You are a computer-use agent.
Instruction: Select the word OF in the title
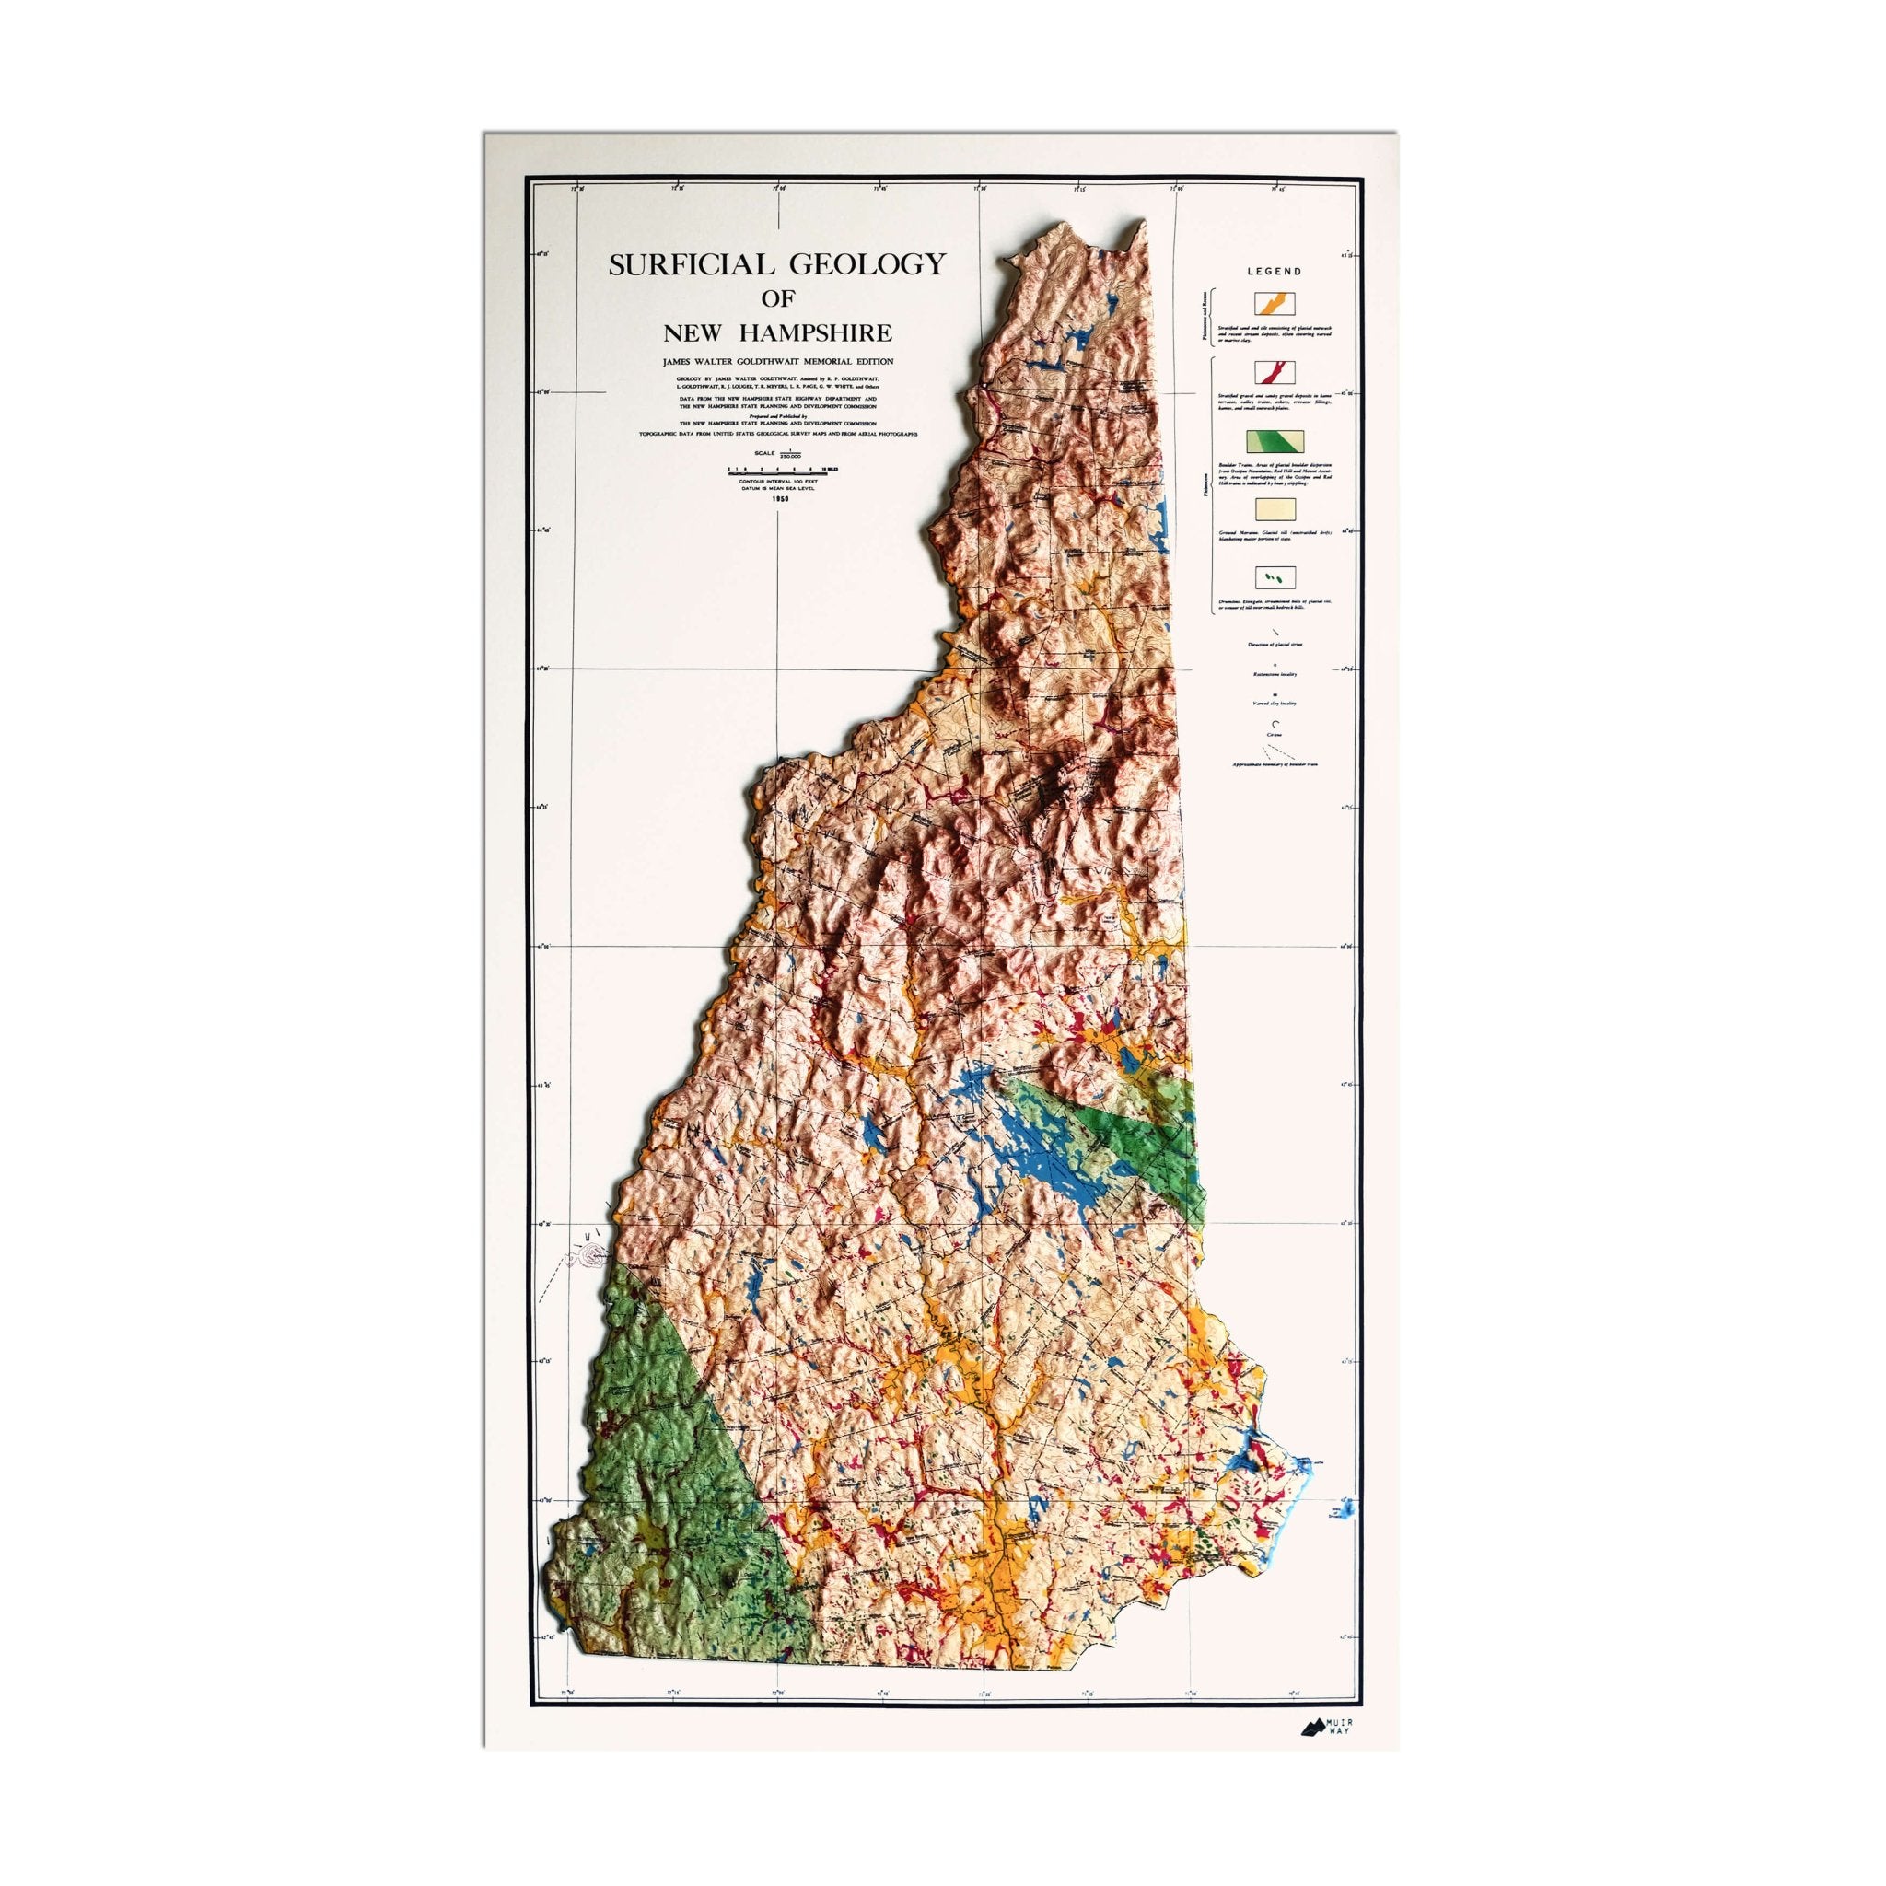click(x=778, y=299)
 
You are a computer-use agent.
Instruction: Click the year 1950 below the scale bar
click(x=778, y=499)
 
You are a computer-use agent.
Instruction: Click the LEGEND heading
click(x=1274, y=272)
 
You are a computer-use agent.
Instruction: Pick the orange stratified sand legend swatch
click(x=1274, y=303)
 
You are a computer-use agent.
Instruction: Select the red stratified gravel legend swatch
click(x=1274, y=372)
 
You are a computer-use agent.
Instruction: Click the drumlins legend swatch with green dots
click(x=1274, y=578)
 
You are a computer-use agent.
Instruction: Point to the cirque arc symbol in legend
click(x=1274, y=723)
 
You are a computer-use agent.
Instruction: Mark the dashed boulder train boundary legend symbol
click(x=1274, y=752)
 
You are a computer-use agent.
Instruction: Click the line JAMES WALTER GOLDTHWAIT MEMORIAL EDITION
click(x=778, y=361)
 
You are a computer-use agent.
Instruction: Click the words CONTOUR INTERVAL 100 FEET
click(x=778, y=483)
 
